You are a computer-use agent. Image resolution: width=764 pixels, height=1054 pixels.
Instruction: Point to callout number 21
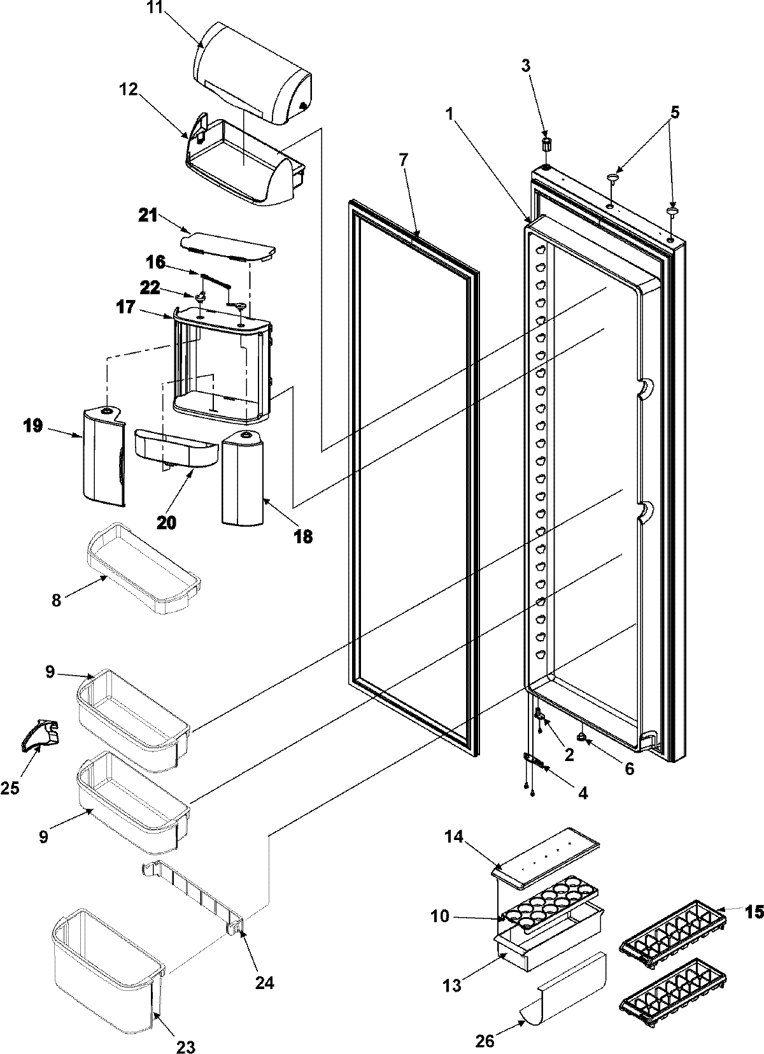coord(148,217)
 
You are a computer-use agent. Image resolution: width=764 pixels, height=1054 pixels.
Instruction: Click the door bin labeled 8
coord(143,567)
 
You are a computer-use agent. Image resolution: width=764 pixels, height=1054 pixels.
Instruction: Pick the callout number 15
coord(754,912)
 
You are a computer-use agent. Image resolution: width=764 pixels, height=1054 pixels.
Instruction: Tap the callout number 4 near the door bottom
coord(583,793)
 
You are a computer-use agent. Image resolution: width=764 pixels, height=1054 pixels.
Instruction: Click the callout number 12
coord(129,89)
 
